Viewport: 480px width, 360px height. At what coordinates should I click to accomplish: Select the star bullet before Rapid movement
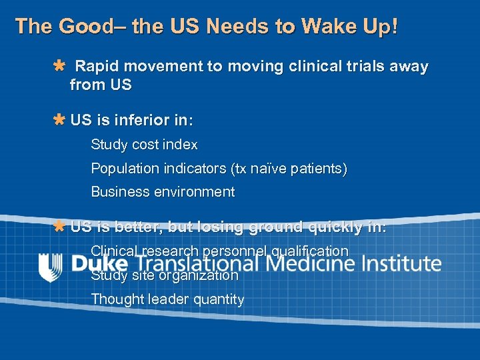59,66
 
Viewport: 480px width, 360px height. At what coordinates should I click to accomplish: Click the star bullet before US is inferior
59,121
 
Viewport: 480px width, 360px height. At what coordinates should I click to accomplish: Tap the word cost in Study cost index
147,145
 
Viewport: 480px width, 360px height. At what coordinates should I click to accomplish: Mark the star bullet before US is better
59,227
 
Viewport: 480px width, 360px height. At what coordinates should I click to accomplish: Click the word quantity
219,300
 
